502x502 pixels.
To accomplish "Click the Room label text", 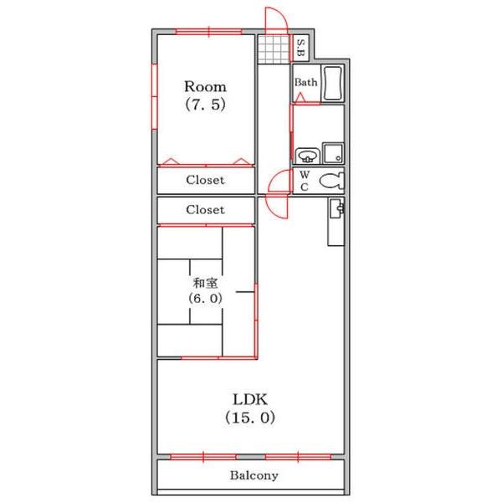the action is [x=205, y=86].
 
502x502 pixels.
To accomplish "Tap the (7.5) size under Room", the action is [x=205, y=105].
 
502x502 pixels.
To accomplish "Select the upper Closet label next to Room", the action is [x=205, y=180].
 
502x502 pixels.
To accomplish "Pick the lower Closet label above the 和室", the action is [x=205, y=210].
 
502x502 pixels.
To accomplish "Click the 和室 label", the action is [x=205, y=283].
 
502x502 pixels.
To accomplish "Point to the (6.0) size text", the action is [x=205, y=299].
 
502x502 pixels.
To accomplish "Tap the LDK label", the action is [x=250, y=400].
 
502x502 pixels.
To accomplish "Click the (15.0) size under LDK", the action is [x=250, y=417].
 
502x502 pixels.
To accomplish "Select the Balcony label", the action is [x=254, y=475].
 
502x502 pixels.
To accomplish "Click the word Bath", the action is [x=305, y=82].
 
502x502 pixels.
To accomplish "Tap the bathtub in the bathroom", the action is [x=333, y=83].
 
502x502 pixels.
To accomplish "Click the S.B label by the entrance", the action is [x=301, y=48].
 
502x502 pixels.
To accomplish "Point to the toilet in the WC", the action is [x=331, y=181].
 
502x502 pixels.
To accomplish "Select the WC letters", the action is [x=305, y=181].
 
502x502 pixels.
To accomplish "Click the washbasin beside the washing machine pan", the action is [x=307, y=156].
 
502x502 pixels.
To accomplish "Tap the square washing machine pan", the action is [x=333, y=153].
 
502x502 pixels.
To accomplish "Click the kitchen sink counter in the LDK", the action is [x=336, y=222].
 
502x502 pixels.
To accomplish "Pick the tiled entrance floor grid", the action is [x=274, y=49].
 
